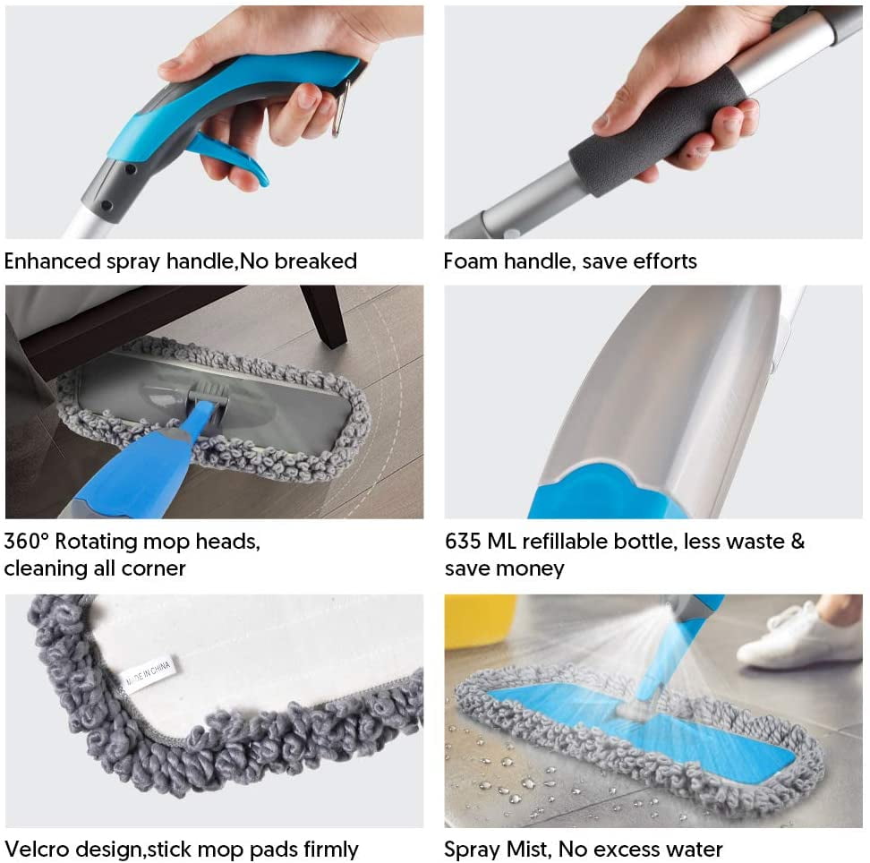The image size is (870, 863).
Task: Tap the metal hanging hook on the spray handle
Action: coord(340,109)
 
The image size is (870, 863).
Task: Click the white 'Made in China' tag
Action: coord(146,673)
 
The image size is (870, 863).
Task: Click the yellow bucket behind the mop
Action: coord(481,621)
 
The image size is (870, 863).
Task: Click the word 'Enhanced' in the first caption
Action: coord(52,261)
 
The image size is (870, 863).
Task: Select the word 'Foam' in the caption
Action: coord(471,261)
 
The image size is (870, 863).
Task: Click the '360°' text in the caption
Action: coord(27,541)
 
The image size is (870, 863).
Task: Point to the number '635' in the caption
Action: coord(464,541)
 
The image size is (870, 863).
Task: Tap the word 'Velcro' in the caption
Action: coord(37,850)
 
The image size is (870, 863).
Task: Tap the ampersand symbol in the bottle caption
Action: coord(797,541)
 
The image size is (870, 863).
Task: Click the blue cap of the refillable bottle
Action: coord(606,491)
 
